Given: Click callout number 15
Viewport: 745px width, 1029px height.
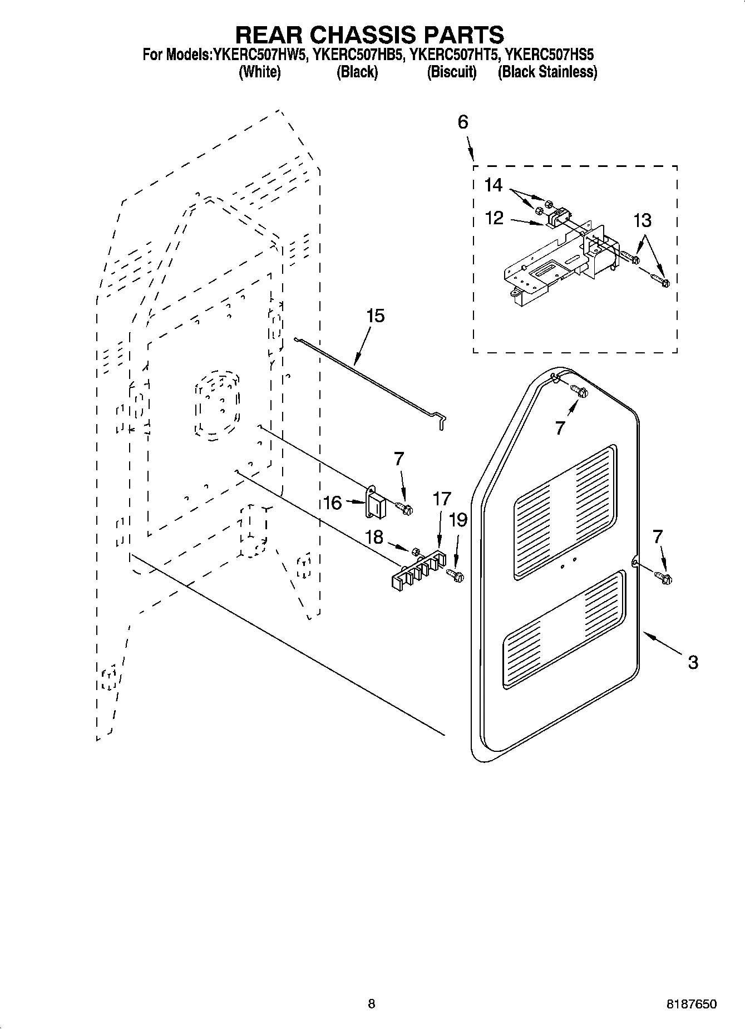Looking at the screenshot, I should pos(376,316).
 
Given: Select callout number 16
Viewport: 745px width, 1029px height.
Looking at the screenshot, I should pos(332,503).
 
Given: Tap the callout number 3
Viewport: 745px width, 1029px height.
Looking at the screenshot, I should pos(693,662).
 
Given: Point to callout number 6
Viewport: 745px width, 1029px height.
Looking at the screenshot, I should pos(463,122).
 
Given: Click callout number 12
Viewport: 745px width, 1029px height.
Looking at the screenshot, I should pos(494,218).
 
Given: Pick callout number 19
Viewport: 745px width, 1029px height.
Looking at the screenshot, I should pos(458,520).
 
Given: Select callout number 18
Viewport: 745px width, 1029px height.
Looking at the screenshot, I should pos(374,537).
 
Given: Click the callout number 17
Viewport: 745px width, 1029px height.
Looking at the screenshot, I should pos(442,499).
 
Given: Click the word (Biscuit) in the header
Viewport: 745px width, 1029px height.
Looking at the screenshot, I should pos(452,72).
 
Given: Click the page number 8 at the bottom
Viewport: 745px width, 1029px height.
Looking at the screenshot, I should pos(372,1005).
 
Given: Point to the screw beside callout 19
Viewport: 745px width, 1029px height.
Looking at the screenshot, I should pos(456,577).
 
